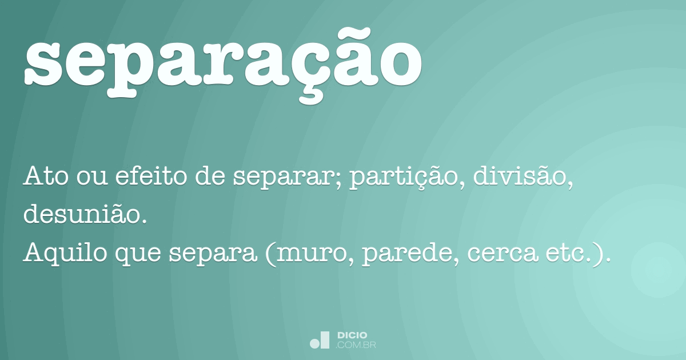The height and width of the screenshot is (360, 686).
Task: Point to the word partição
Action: click(404, 178)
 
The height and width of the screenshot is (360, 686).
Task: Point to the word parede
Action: click(407, 255)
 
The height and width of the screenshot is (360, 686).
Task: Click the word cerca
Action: click(502, 255)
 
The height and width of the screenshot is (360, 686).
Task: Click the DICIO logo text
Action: click(352, 335)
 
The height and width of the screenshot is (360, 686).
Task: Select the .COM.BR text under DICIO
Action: click(356, 345)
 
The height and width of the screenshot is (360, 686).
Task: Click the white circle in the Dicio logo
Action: click(314, 343)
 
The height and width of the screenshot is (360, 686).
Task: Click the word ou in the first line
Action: click(92, 178)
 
